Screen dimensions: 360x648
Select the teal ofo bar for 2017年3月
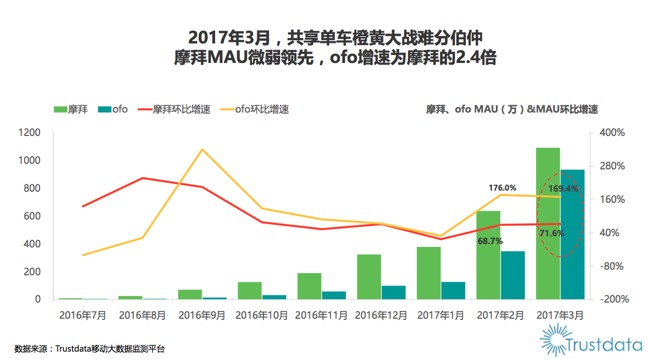point(572,234)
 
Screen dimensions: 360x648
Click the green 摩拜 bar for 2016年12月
point(369,276)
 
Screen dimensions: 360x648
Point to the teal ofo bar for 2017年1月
point(453,290)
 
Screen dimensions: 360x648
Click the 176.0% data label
point(502,188)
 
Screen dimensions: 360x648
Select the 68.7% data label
point(490,241)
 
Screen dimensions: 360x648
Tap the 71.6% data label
point(552,233)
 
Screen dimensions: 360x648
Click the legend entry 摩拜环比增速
point(182,109)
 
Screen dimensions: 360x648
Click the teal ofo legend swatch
point(104,109)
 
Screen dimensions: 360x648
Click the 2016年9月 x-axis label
point(202,315)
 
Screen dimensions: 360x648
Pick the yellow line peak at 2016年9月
point(202,149)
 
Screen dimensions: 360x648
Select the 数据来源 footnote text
point(90,349)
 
